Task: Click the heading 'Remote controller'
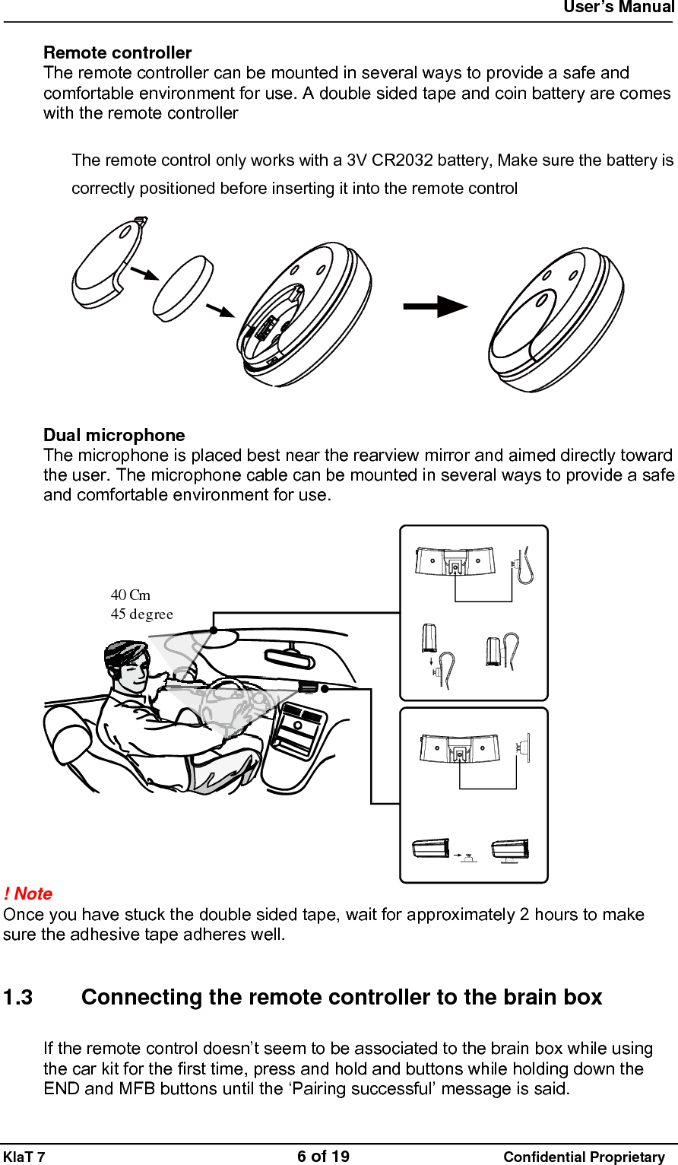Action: click(x=117, y=52)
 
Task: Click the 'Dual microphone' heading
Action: click(x=114, y=435)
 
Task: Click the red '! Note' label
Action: click(x=28, y=894)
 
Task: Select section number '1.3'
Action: click(x=18, y=997)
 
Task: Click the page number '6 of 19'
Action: click(x=323, y=1156)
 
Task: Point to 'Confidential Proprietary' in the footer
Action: click(x=584, y=1157)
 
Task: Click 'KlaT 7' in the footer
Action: click(x=24, y=1157)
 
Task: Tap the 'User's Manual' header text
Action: click(x=618, y=8)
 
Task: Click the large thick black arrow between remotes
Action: click(x=435, y=307)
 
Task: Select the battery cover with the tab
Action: click(x=108, y=262)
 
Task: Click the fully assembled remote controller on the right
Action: click(x=556, y=319)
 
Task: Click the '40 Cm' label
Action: click(x=131, y=595)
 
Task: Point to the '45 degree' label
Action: click(x=142, y=614)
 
